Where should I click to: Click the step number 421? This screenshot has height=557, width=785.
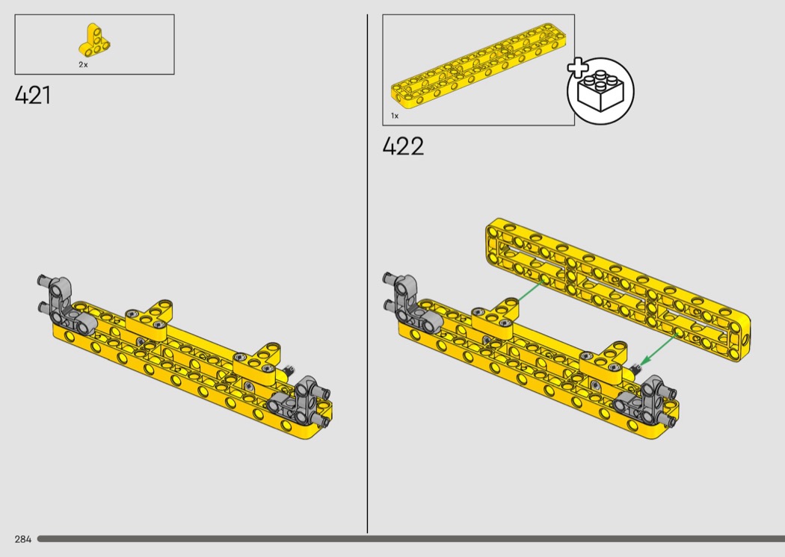point(33,95)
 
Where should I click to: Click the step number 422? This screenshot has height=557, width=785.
point(403,146)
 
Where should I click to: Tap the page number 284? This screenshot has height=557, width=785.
point(23,539)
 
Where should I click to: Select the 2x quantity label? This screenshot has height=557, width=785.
point(83,64)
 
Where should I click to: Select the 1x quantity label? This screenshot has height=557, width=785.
point(395,116)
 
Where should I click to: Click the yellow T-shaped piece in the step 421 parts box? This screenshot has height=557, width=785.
point(95,40)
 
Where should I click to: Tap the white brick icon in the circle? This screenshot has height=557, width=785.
point(600,91)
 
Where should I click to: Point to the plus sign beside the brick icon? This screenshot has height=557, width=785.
point(577,67)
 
